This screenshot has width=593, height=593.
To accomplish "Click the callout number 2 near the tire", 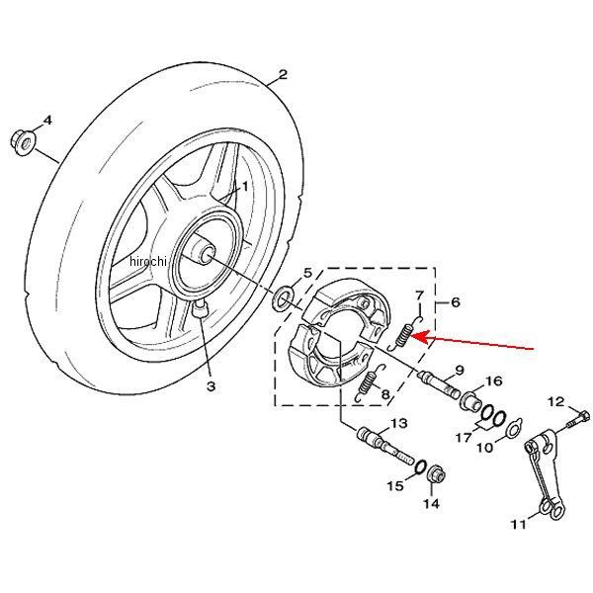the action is tap(283, 74).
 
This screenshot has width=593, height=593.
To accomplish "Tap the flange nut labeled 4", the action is tap(22, 141).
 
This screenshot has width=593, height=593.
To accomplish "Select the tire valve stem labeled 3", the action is tap(200, 308).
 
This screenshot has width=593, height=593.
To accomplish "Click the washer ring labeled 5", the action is tap(284, 298).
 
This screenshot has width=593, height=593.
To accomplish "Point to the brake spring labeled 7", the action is tap(404, 333).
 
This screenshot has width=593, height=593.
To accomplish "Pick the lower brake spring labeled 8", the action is tap(370, 382).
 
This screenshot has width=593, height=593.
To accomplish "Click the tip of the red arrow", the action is tap(412, 335).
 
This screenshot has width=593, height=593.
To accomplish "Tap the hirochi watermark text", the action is tap(147, 261).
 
